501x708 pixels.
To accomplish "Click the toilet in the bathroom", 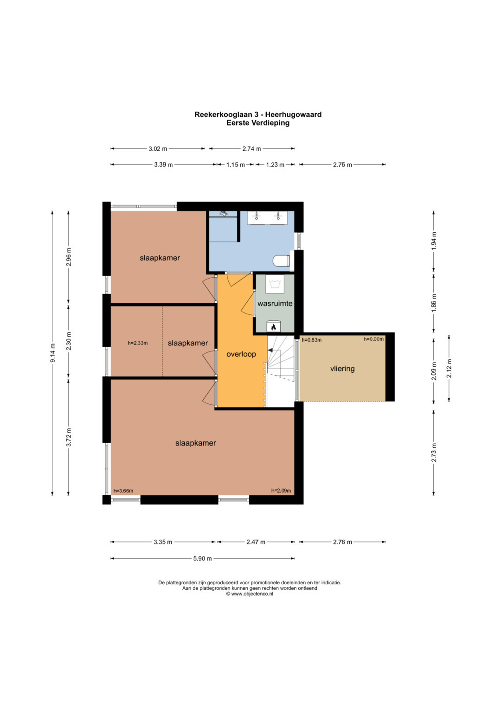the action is click(281, 261).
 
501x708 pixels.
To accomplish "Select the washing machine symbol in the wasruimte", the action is click(275, 284).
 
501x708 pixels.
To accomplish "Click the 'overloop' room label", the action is click(241, 354).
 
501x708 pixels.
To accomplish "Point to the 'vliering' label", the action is click(342, 369).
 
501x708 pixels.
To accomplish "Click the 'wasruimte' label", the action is click(275, 304).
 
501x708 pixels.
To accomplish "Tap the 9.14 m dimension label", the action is click(52, 353).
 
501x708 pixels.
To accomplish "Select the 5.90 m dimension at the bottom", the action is click(202, 559).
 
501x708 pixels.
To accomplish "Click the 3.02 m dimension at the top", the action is click(158, 148).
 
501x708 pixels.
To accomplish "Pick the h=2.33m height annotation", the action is click(138, 343).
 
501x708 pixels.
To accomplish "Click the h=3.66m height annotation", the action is click(123, 491).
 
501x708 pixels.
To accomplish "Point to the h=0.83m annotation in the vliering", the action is click(312, 340).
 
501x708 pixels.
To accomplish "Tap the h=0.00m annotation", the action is click(373, 339).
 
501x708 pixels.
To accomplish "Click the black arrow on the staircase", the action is click(271, 350).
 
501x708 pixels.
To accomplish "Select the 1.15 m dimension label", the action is click(235, 165).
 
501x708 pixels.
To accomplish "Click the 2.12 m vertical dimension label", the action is click(449, 369).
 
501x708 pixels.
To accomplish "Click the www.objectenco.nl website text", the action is click(250, 594).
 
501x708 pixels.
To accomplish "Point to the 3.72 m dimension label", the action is click(69, 437).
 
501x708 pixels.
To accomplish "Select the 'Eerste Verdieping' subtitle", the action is click(258, 122).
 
